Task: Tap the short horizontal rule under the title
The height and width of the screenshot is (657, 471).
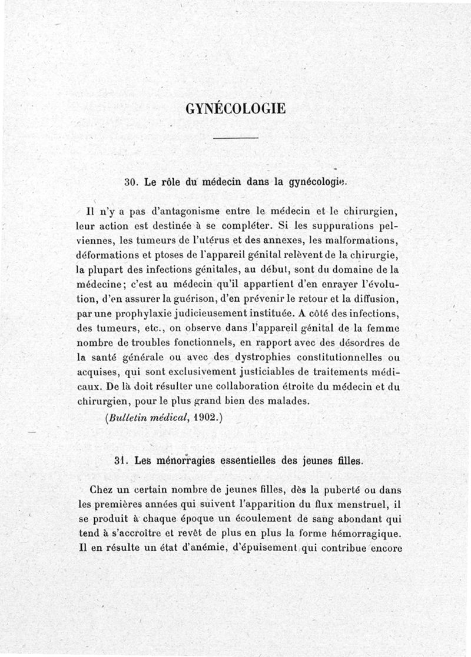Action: (235, 138)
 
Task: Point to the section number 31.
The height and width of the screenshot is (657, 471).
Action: (121, 462)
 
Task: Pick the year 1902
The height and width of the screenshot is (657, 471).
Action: (207, 418)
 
